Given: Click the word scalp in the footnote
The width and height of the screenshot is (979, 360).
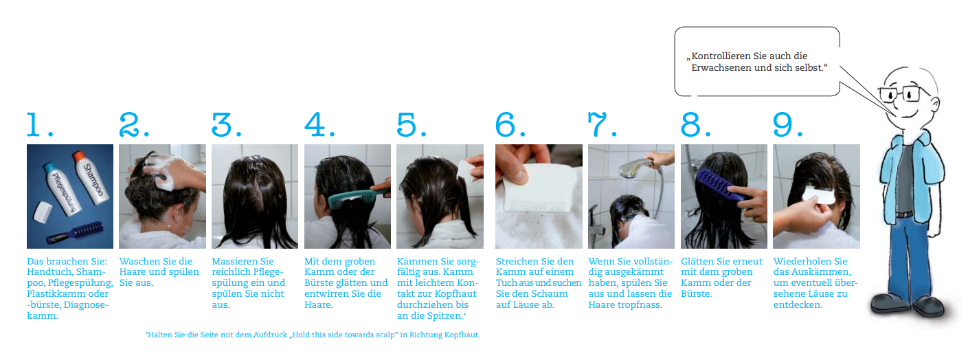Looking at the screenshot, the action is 384,335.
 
